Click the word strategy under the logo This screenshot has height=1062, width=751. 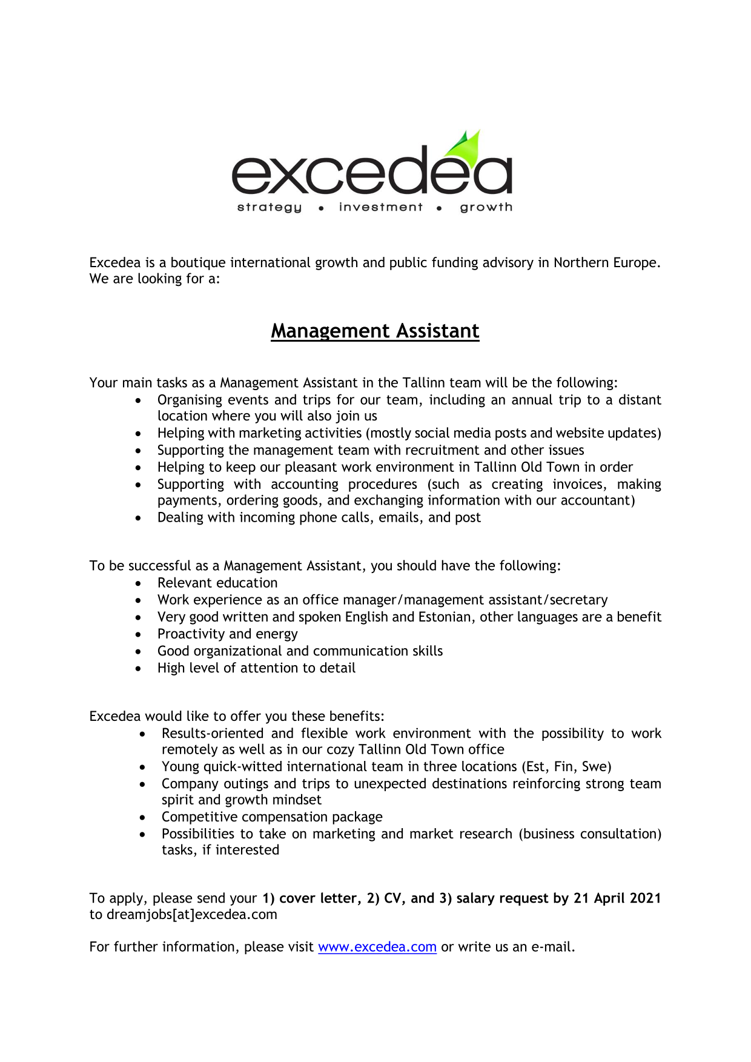click(x=270, y=207)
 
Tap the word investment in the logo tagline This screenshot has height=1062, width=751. click(x=381, y=207)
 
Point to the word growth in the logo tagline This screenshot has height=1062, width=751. click(x=486, y=207)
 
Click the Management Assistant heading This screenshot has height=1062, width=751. click(x=375, y=331)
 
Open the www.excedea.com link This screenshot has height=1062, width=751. click(x=377, y=947)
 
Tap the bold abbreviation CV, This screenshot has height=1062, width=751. click(x=395, y=898)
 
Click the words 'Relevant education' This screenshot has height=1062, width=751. click(x=217, y=583)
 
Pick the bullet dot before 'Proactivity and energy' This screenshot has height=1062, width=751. click(x=139, y=634)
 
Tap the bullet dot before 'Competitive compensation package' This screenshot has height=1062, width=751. click(x=142, y=817)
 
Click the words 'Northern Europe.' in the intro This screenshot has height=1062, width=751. click(x=607, y=262)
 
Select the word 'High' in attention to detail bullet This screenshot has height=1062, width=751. click(x=171, y=668)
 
